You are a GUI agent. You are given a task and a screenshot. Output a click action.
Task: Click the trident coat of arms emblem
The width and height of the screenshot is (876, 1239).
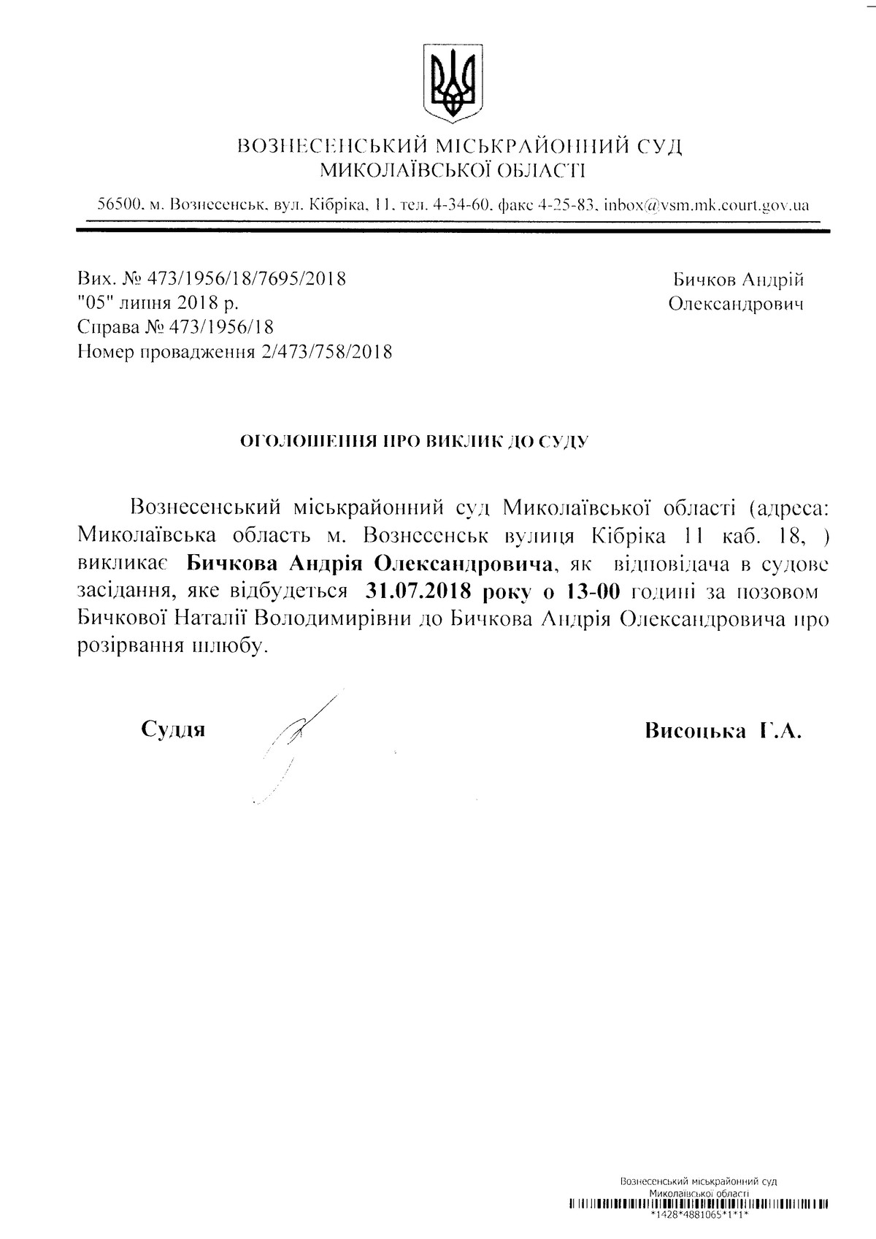pyautogui.click(x=453, y=83)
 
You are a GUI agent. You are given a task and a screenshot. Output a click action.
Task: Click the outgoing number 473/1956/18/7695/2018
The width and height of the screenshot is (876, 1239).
pyautogui.click(x=247, y=278)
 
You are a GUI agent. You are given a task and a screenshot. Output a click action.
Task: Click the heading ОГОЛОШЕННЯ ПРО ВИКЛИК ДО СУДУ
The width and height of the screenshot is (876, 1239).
pyautogui.click(x=415, y=441)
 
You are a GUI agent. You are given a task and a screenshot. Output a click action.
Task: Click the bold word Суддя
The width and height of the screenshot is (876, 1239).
pyautogui.click(x=173, y=729)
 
